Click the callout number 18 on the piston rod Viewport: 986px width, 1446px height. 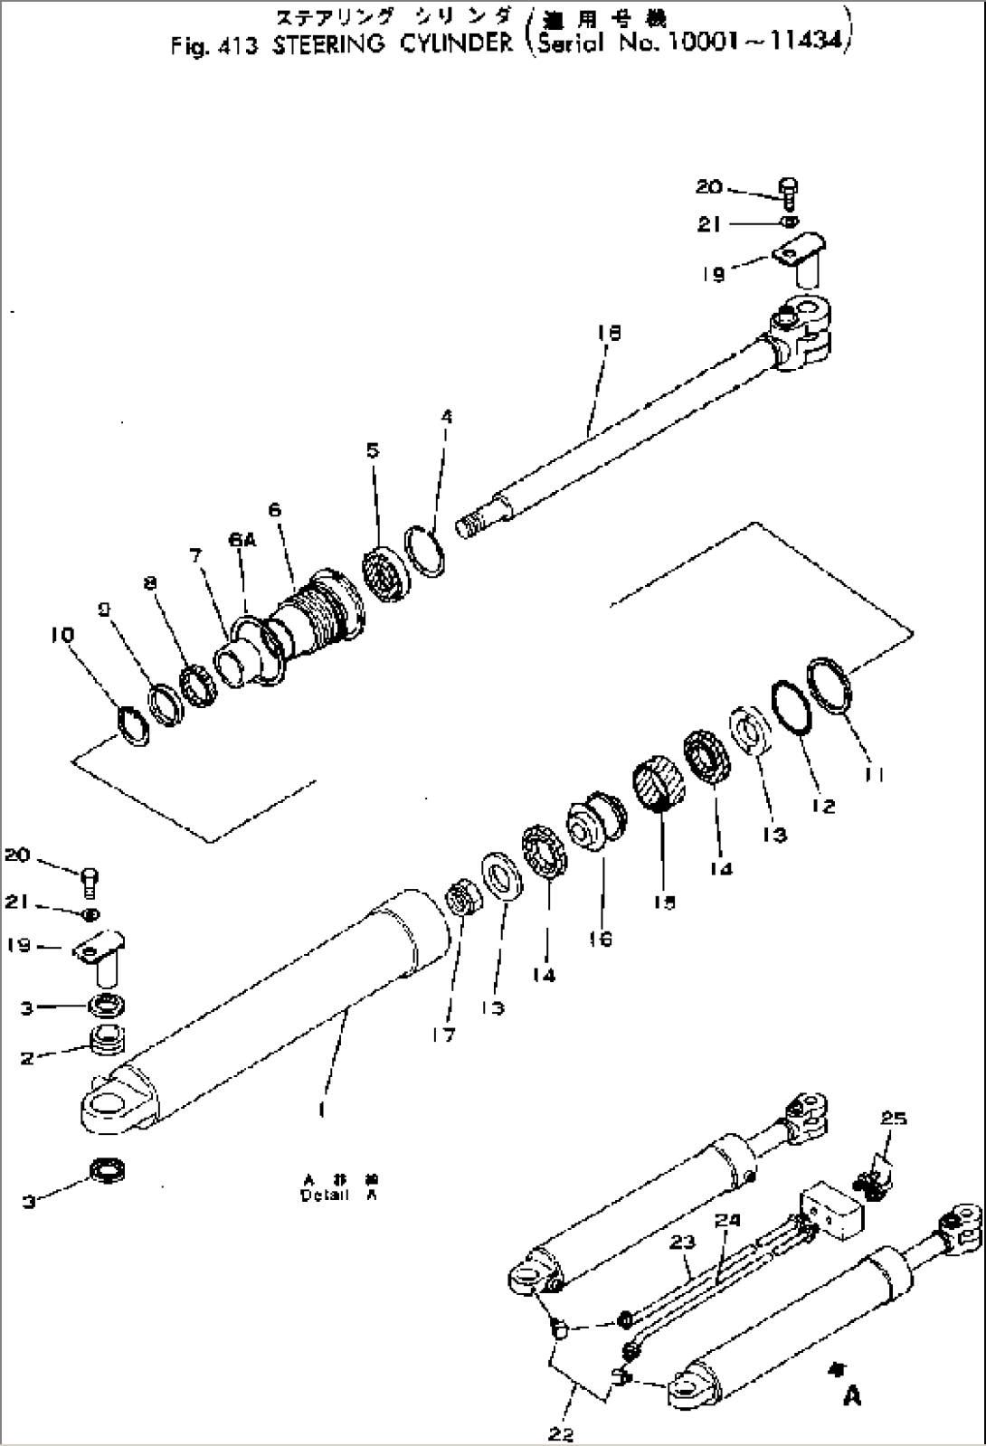click(608, 334)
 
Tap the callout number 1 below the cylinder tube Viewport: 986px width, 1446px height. click(322, 1110)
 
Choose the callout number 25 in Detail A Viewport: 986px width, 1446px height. click(893, 1120)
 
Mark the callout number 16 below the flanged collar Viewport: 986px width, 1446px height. click(600, 939)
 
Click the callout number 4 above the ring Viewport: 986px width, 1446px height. click(447, 417)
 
